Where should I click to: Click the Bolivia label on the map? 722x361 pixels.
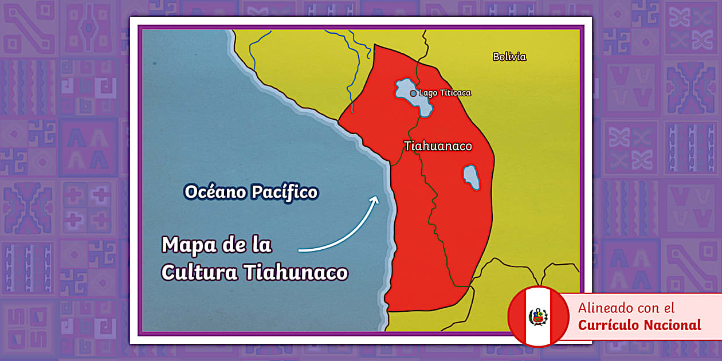(x=509, y=57)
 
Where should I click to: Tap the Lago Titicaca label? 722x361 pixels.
(x=445, y=93)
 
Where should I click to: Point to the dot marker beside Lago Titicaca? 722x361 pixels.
(x=413, y=93)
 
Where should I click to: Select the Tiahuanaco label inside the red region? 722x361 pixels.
(x=438, y=146)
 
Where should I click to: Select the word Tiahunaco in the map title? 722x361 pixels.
(x=296, y=272)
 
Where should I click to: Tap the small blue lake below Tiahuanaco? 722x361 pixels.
(x=471, y=177)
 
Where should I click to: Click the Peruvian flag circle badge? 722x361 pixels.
(x=538, y=316)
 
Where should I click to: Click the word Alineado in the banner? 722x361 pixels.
(x=602, y=308)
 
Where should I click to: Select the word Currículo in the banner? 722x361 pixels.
(x=608, y=325)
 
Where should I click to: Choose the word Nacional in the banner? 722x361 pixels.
(x=672, y=325)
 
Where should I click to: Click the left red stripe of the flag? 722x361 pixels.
(x=518, y=316)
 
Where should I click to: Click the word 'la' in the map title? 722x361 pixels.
(x=261, y=245)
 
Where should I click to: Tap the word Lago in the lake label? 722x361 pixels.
(x=427, y=93)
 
